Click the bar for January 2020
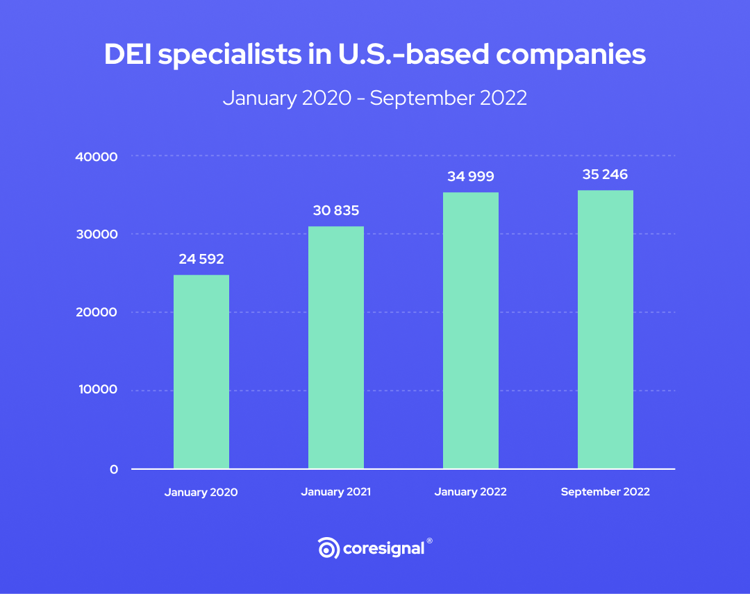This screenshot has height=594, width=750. (201, 372)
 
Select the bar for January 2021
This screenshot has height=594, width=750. (335, 348)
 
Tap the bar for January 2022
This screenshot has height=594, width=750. (470, 331)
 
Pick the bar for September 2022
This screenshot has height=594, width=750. (605, 330)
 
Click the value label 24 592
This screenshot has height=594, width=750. (201, 260)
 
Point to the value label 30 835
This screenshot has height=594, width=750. (336, 210)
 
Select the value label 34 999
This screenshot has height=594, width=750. (471, 176)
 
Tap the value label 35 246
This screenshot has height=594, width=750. (605, 174)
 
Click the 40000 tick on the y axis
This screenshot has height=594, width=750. (96, 157)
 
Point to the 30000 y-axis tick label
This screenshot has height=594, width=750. (96, 235)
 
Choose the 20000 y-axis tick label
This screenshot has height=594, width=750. (96, 312)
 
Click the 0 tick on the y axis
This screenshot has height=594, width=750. (113, 470)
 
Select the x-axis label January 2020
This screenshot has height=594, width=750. (201, 492)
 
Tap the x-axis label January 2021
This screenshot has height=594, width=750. (335, 491)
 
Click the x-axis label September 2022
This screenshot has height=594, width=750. (605, 491)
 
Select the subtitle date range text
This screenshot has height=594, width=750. (375, 98)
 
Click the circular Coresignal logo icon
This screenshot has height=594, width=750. (328, 548)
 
